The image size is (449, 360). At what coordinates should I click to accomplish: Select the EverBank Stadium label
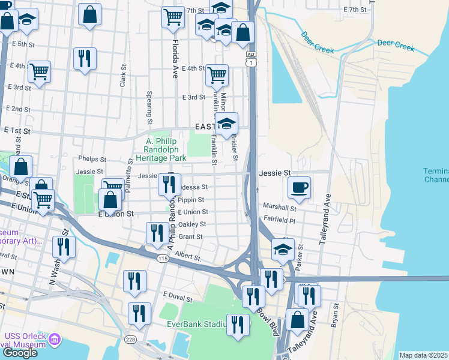(x=196, y=325)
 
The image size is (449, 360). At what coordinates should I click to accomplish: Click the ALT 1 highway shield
(x=251, y=58)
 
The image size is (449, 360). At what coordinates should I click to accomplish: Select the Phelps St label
(x=92, y=160)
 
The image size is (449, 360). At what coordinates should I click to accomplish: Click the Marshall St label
(x=280, y=208)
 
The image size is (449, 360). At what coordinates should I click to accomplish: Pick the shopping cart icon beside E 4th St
(x=217, y=76)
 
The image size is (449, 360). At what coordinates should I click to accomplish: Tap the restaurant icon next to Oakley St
(x=157, y=233)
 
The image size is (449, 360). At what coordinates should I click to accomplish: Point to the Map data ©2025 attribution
(x=423, y=355)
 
